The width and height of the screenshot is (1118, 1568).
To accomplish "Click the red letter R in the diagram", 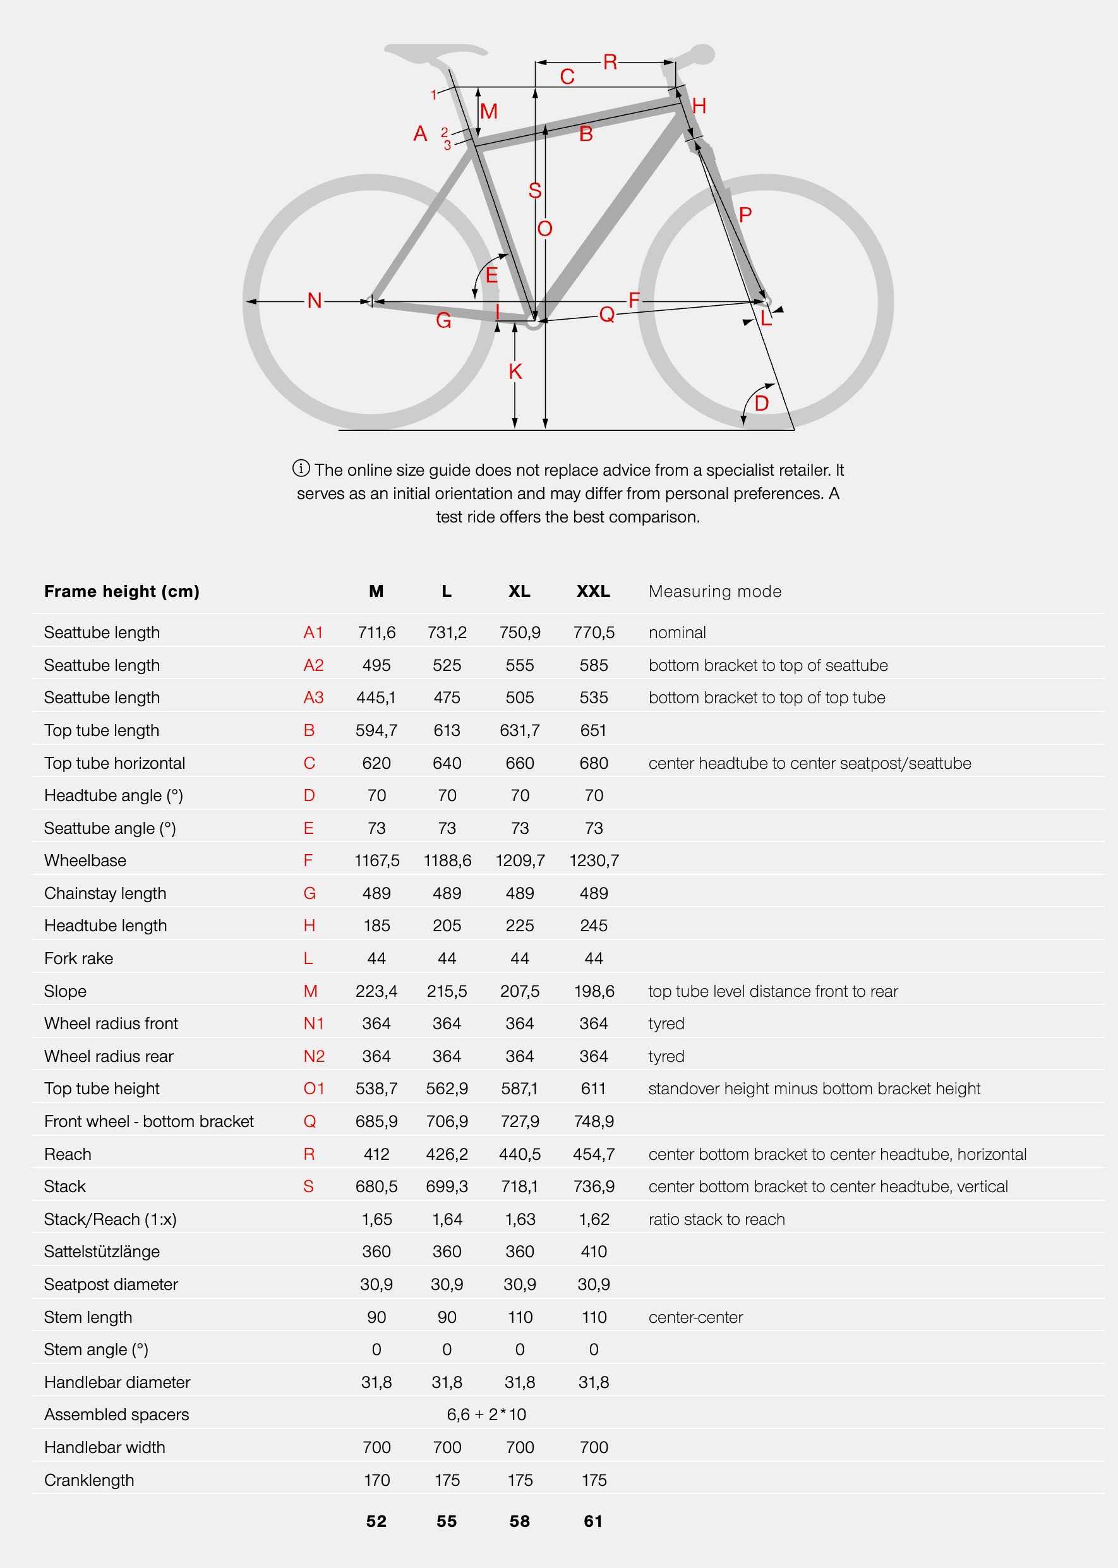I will [610, 63].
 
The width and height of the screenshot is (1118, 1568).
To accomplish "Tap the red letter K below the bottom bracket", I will [515, 372].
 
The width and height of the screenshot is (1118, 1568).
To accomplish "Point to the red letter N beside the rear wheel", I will [315, 301].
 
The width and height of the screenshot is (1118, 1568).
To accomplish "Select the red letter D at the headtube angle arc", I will [761, 404].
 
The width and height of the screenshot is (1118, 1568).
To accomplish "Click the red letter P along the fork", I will [745, 215].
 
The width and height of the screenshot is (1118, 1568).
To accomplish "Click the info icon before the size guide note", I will [301, 469].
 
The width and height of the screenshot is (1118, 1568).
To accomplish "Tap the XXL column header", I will [592, 591].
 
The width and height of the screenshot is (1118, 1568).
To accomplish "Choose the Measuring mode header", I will [714, 591].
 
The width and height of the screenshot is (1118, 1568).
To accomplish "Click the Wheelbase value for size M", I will [376, 861].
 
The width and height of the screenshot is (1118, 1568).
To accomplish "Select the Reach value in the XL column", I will [520, 1154].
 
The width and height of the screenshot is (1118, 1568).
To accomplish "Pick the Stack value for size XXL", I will [593, 1186].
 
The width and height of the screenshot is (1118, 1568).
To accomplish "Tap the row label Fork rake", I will [78, 958].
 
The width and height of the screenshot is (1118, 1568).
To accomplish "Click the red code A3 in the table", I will [313, 697].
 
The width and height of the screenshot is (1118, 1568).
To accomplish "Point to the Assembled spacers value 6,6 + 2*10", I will [486, 1414].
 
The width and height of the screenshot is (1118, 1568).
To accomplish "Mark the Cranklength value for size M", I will [376, 1480].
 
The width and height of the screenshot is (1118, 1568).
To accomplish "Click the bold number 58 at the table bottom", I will [520, 1521].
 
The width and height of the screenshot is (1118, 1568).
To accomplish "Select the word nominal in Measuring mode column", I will [676, 632].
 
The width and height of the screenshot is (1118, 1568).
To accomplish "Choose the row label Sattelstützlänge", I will [102, 1251].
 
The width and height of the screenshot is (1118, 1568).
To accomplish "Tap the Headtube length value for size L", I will [447, 926].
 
